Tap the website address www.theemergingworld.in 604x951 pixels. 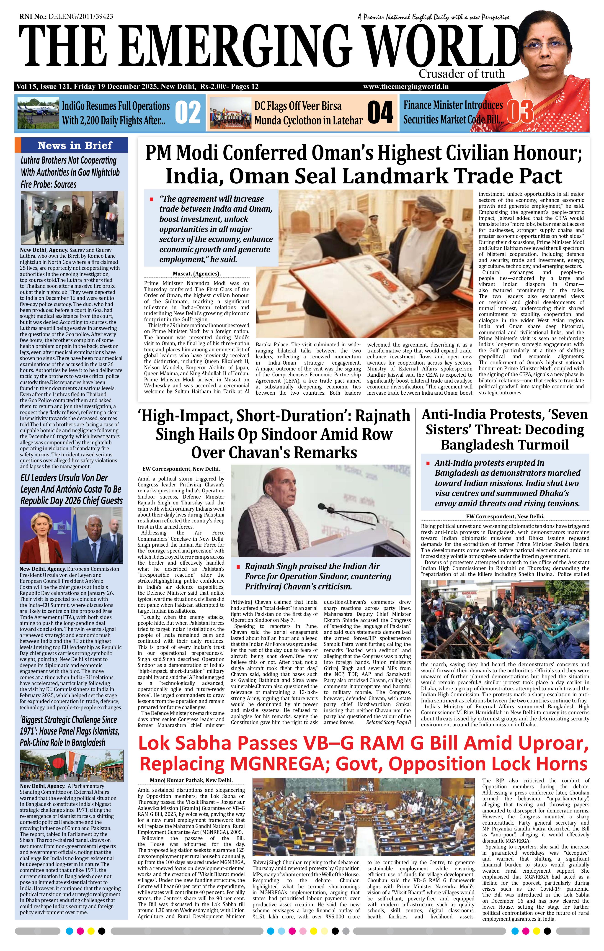pyautogui.click(x=406, y=87)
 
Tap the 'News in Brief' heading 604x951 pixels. pyautogui.click(x=75, y=145)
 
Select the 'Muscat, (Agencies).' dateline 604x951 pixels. pyautogui.click(x=197, y=273)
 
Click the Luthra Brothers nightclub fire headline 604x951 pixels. pyautogui.click(x=69, y=172)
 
